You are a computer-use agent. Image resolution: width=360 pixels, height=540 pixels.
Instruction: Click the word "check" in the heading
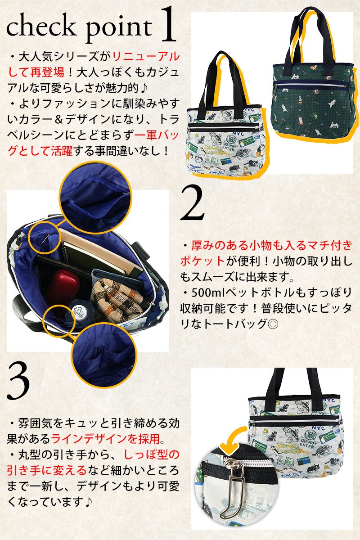click(x=40, y=26)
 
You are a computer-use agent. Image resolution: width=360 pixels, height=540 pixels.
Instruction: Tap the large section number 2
click(x=192, y=203)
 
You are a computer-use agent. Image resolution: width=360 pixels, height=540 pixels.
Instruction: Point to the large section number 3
click(x=18, y=381)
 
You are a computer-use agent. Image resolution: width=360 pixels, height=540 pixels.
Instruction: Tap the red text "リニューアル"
click(x=146, y=57)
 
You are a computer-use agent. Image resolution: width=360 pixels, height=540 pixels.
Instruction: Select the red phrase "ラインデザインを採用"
click(x=105, y=439)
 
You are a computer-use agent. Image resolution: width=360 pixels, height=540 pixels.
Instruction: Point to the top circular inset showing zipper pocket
click(x=95, y=197)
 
